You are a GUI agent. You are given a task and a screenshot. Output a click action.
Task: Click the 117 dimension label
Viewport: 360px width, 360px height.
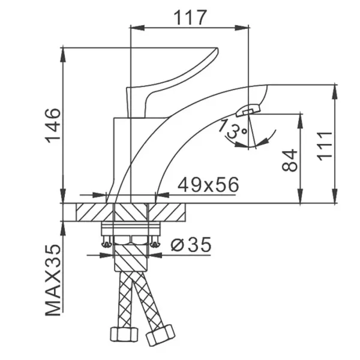[190, 17]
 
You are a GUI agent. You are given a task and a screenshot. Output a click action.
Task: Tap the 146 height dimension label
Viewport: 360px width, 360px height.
[53, 125]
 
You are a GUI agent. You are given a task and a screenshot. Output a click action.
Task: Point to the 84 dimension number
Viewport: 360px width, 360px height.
[290, 160]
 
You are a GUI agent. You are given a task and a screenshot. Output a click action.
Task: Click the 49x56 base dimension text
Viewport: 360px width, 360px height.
[208, 185]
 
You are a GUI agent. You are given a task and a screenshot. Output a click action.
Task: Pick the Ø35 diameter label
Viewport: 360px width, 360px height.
[191, 245]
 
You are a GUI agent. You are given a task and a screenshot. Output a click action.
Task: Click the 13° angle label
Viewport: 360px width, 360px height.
[232, 129]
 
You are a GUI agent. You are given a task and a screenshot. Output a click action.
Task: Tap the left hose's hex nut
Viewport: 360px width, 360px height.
[124, 334]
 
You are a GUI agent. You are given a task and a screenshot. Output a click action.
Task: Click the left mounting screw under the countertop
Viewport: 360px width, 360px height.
[107, 242]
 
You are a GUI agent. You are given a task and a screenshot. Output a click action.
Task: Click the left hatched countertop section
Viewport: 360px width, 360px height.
[95, 212]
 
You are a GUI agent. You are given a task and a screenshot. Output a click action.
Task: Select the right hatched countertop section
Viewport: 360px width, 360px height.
[167, 212]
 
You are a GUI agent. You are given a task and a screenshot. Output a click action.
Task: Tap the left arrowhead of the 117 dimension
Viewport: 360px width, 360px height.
[137, 28]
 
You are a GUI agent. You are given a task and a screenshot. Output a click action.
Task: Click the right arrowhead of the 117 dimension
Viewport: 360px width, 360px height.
[242, 28]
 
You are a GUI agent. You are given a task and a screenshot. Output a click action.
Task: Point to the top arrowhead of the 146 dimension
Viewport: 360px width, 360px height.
[63, 55]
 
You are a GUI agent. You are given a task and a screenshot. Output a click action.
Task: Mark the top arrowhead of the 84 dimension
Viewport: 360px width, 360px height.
[300, 121]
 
